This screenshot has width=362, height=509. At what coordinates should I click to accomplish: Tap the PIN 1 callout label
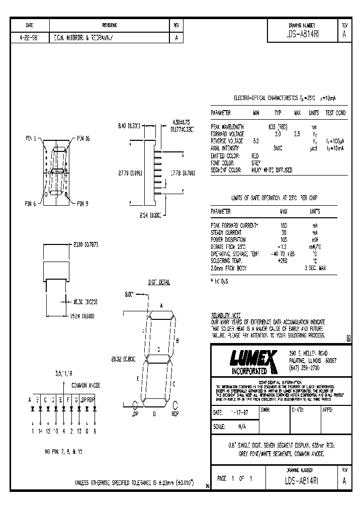click(31, 138)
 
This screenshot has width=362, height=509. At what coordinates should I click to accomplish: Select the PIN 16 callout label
click(83, 138)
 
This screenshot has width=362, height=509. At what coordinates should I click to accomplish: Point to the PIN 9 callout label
click(82, 203)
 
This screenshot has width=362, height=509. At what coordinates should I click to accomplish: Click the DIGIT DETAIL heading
click(159, 282)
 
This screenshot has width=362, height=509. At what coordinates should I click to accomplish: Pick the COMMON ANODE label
click(86, 385)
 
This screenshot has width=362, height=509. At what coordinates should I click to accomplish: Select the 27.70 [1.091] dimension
click(130, 173)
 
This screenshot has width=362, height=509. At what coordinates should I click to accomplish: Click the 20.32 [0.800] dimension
click(126, 359)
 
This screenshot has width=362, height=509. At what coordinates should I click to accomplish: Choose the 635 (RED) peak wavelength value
click(278, 127)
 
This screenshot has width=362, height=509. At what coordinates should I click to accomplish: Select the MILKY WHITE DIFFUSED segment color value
click(271, 170)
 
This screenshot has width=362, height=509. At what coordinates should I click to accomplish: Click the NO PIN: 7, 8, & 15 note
click(63, 452)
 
